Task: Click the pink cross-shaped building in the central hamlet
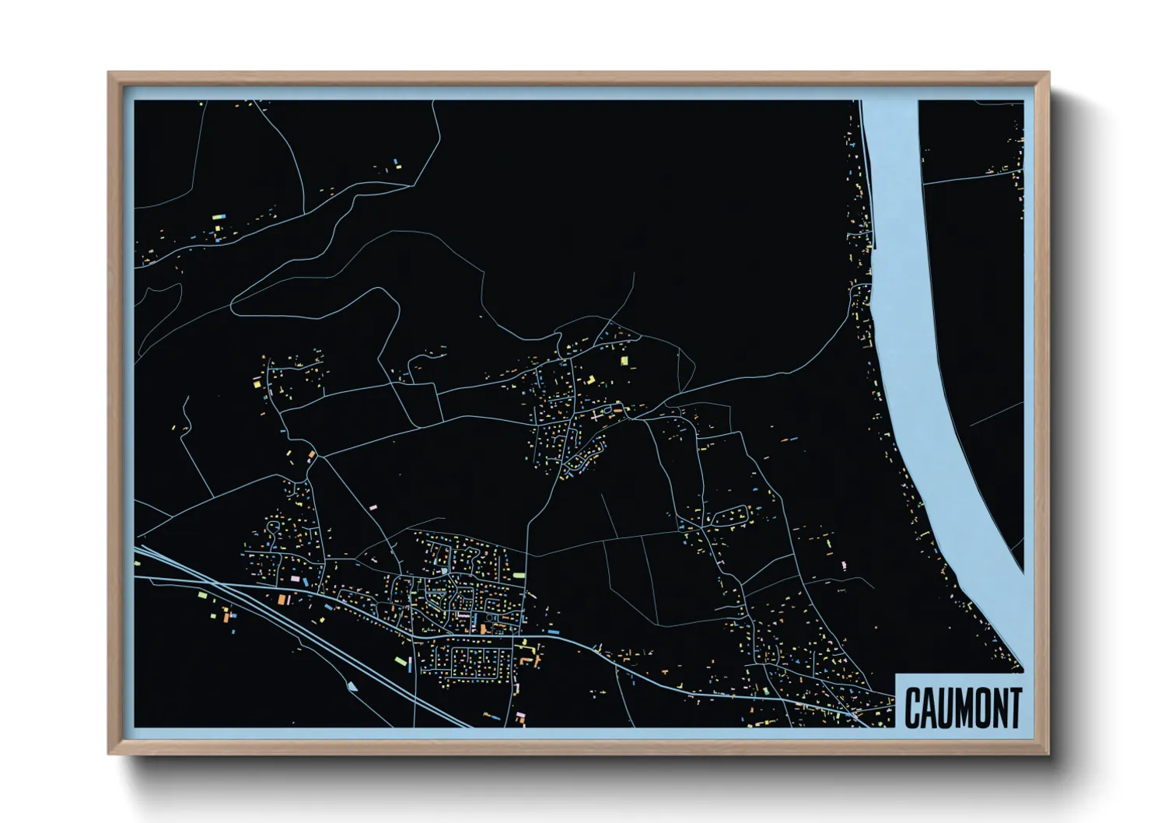tap(596, 416)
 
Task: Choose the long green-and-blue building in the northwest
tap(218, 217)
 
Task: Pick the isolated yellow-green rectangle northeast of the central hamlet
tap(624, 360)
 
